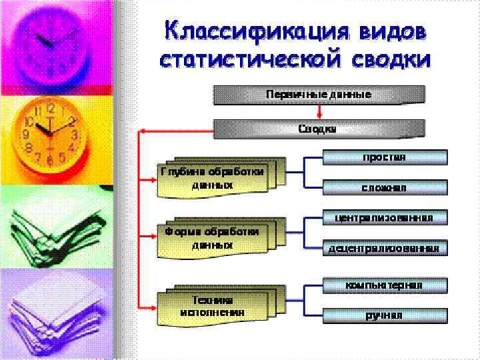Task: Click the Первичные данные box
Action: [318, 95]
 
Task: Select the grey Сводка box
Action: [318, 129]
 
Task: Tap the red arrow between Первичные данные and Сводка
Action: [319, 112]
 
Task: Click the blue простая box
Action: [384, 157]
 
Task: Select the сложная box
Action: [384, 188]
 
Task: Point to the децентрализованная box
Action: [384, 249]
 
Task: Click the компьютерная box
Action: [384, 285]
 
